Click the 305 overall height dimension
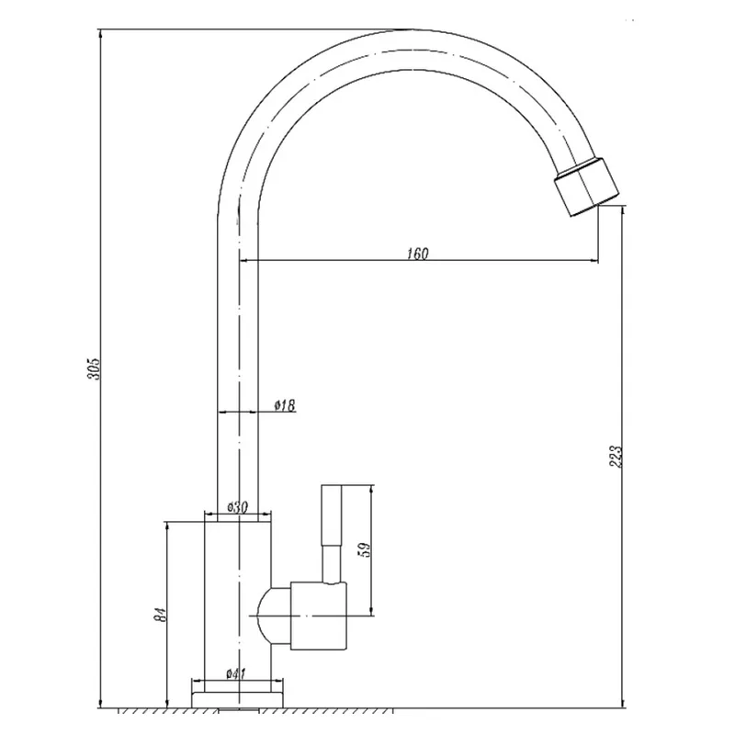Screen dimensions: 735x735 point(95,369)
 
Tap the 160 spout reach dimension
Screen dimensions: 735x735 point(418,254)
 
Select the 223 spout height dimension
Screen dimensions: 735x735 point(616,456)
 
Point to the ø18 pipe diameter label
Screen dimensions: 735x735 point(285,405)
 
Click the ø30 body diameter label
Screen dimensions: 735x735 point(237,507)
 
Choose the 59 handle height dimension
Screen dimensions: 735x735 point(364,549)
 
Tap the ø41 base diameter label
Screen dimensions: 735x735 point(236,674)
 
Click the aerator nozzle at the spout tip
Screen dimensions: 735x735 point(586,187)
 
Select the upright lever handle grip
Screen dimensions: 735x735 point(332,514)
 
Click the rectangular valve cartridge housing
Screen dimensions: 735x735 point(319,616)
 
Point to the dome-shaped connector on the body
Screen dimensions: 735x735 point(274,616)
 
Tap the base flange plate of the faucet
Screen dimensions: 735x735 point(238,699)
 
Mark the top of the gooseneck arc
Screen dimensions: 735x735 point(408,30)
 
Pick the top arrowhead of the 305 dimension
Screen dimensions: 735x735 point(100,33)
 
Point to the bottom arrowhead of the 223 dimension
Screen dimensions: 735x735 point(622,702)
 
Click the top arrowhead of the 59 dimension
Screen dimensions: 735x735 point(372,491)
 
